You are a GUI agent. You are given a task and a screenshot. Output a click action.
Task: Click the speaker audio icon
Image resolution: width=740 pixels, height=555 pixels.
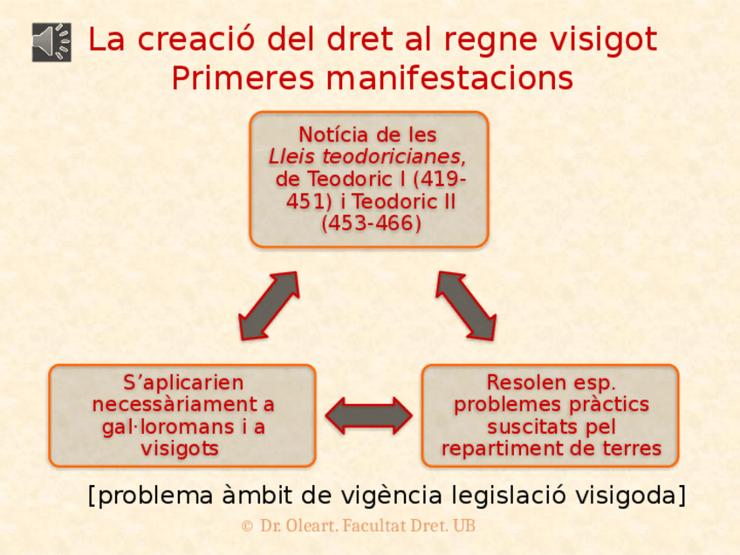pos(51,42)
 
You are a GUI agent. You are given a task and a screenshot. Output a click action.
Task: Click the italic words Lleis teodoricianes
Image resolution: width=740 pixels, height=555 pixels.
pos(366,157)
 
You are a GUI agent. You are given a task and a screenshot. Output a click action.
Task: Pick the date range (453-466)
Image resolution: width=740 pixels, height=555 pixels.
pos(370,223)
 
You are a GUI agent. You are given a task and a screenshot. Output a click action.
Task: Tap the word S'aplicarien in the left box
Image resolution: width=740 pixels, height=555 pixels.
pos(183,382)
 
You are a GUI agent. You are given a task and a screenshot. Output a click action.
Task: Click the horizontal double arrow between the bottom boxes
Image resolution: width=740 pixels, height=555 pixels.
pos(368,415)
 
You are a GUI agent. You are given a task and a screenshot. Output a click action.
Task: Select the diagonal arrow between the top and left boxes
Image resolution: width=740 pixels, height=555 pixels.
pos(269,305)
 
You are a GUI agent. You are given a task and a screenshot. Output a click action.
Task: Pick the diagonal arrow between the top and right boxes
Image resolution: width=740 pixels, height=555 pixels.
pos(466,305)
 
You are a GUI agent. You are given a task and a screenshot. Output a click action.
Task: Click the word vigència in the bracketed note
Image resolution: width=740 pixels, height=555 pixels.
pos(395,496)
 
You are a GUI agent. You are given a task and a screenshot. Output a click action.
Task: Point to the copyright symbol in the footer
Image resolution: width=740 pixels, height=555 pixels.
pos(247,526)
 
